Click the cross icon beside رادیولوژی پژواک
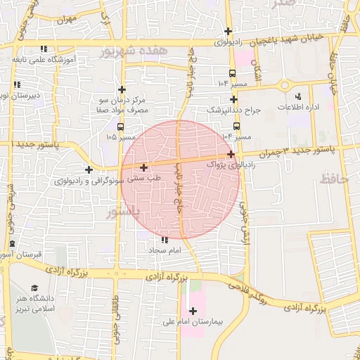click(x=231, y=153)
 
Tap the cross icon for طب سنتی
click(x=144, y=167)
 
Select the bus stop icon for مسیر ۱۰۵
click(x=121, y=127)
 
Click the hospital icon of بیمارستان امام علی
click(x=193, y=310)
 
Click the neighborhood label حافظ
click(x=334, y=179)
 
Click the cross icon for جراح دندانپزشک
click(x=233, y=99)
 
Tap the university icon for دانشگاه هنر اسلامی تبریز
click(x=34, y=288)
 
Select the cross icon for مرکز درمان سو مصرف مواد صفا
click(x=122, y=89)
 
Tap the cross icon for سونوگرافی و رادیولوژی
click(x=89, y=169)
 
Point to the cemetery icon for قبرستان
click(x=12, y=244)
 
